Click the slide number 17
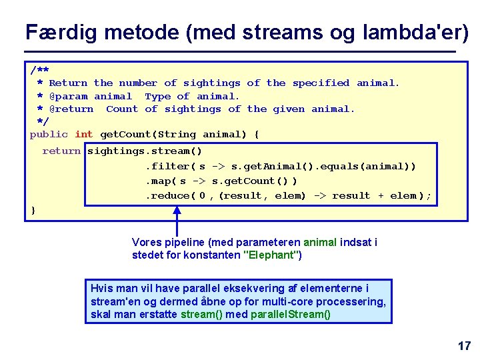point(464,345)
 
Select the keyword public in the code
point(49,134)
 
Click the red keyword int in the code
point(84,134)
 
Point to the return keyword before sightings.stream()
point(61,151)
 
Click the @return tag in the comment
point(71,109)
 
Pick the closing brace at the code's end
point(34,211)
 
